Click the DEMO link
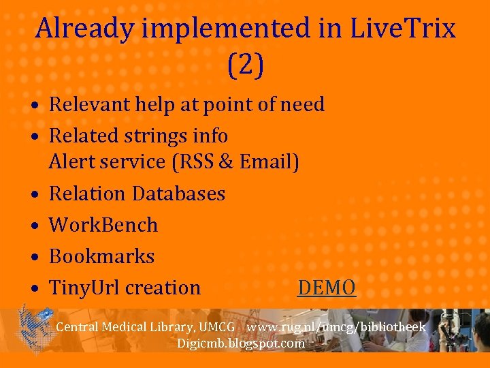coord(327,288)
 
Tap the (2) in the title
coord(245,65)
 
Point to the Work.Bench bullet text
coord(103,225)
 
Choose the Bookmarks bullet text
coord(102,256)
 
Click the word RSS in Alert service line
coord(196,162)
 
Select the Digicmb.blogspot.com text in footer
coord(241,343)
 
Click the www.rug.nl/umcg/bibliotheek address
coord(336,327)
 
